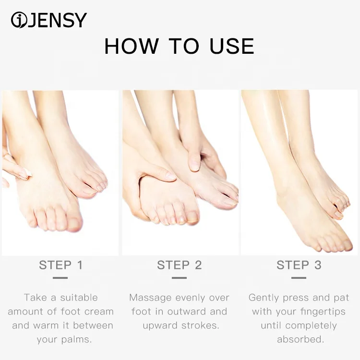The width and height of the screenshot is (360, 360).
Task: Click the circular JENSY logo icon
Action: coord(19,20)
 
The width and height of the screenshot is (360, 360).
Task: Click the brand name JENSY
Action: coord(58,20)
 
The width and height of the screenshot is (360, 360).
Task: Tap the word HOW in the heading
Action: coord(132,46)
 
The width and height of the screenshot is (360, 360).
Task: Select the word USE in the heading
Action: coord(232,46)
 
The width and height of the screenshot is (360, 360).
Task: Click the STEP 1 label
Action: coord(60,265)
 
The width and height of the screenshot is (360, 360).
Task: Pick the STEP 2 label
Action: coord(180,265)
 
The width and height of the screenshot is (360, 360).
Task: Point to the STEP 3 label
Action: coord(299,265)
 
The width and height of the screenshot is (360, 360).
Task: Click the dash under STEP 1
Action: coord(60,278)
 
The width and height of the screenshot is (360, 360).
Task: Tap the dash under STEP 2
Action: coord(179,278)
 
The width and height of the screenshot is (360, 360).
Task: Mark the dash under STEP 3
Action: coord(299,278)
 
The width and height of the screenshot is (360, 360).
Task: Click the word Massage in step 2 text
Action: coord(150,298)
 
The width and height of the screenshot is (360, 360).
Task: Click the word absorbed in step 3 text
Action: coord(300,339)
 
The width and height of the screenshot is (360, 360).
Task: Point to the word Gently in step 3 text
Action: coord(264,298)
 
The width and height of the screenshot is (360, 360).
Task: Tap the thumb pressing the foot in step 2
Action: coord(194,161)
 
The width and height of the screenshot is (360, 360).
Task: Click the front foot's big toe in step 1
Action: coord(74,224)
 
